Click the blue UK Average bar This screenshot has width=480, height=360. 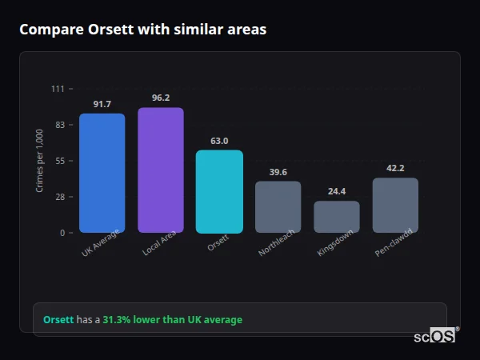(x=102, y=173)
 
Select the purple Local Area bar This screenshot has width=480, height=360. (x=160, y=170)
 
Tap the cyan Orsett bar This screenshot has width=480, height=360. (x=219, y=191)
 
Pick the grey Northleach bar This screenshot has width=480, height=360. (x=278, y=206)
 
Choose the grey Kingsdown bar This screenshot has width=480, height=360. (x=336, y=217)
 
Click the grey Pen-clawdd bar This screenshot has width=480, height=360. (x=395, y=205)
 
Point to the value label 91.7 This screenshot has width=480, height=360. (x=102, y=105)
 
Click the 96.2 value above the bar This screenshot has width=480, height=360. (x=160, y=98)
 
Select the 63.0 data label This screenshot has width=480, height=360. (x=219, y=142)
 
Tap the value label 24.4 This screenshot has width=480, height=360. (x=336, y=192)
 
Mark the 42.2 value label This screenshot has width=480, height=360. (x=395, y=169)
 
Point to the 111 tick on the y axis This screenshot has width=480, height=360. (x=58, y=89)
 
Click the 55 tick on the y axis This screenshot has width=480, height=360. (x=60, y=161)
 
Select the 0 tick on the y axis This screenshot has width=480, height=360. (x=62, y=233)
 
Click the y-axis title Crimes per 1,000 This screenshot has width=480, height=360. (x=40, y=161)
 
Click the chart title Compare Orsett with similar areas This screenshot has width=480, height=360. (x=142, y=30)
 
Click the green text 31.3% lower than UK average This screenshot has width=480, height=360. (x=172, y=320)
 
